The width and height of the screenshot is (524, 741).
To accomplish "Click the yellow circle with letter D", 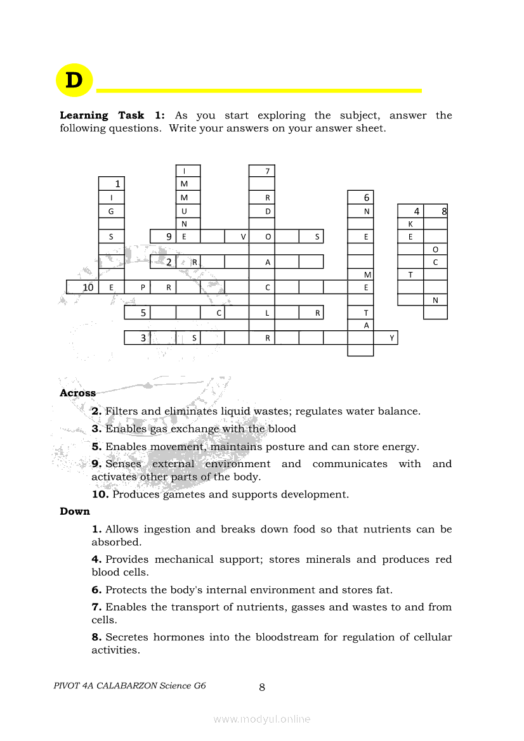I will pyautogui.click(x=74, y=81).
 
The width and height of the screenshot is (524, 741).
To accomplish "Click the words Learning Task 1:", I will pyautogui.click(x=112, y=115).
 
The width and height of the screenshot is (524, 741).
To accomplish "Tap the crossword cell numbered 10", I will pyautogui.click(x=88, y=287).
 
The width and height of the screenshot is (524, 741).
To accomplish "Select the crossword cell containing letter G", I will pyautogui.click(x=112, y=210).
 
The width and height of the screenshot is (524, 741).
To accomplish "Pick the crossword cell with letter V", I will pyautogui.click(x=244, y=236).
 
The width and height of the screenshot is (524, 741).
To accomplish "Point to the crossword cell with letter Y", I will pyautogui.click(x=392, y=338).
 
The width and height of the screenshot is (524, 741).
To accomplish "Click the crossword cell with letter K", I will pyautogui.click(x=410, y=224).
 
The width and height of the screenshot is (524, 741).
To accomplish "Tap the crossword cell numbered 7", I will pyautogui.click(x=268, y=171).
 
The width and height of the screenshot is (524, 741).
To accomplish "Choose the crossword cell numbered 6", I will pyautogui.click(x=366, y=197).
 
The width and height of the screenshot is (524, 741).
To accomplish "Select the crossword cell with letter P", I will pyautogui.click(x=143, y=287).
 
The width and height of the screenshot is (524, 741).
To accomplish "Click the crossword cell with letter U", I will pyautogui.click(x=184, y=210).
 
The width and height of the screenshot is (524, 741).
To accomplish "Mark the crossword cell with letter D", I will pyautogui.click(x=268, y=210).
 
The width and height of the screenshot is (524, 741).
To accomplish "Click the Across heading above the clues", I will pyautogui.click(x=77, y=393).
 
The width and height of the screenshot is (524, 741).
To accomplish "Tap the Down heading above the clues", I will pyautogui.click(x=75, y=512).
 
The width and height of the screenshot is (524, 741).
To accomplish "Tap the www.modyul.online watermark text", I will pyautogui.click(x=262, y=719).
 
